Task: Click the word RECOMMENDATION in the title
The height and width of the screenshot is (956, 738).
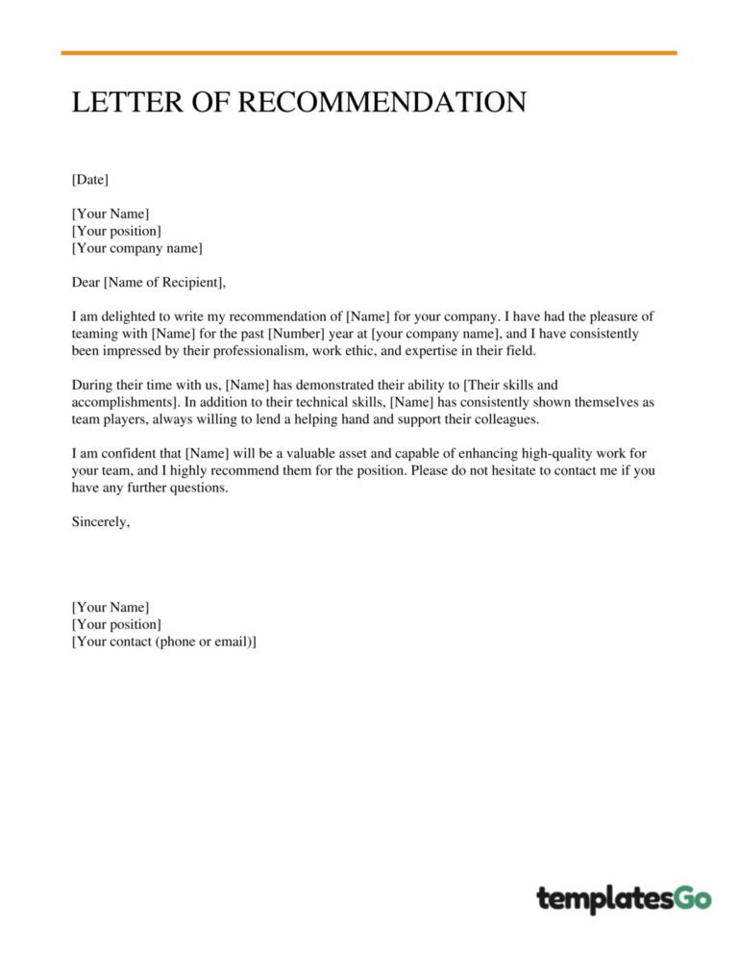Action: coord(381,103)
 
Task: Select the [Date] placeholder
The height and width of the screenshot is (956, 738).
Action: coord(90,180)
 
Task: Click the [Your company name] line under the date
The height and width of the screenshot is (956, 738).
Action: coord(137,249)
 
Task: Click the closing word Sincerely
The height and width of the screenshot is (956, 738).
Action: coord(100,522)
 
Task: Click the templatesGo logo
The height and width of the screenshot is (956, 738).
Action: coord(624,899)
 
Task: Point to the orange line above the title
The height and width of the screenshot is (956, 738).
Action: coord(369,53)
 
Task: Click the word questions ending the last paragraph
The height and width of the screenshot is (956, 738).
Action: coord(199,488)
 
